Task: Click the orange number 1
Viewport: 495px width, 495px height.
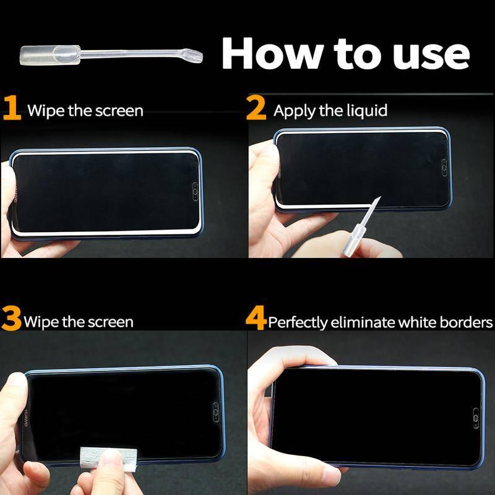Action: (x=12, y=108)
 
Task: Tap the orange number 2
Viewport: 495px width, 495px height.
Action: (x=256, y=108)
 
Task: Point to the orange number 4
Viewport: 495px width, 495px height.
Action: (x=256, y=318)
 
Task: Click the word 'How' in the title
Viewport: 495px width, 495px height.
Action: (x=273, y=53)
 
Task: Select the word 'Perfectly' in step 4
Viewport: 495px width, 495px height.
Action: (x=298, y=322)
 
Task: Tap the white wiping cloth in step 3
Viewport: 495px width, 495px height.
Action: (x=108, y=459)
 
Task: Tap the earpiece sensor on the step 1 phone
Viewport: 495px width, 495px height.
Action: (x=196, y=192)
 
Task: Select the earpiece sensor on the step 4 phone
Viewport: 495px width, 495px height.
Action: (x=476, y=418)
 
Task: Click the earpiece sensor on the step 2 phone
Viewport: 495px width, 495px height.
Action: (x=444, y=167)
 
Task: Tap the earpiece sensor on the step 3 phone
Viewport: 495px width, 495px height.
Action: (x=216, y=412)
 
